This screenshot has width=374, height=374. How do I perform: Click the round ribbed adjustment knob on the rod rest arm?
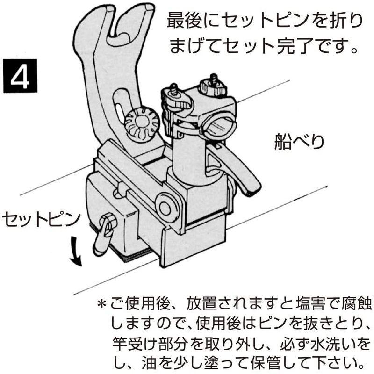tap(140, 124)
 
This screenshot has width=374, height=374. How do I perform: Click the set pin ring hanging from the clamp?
tap(104, 236)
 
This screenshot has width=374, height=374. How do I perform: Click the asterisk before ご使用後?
tap(101, 304)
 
